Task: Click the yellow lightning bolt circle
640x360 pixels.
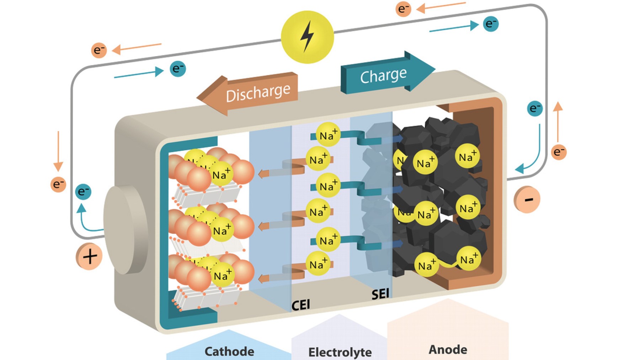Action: (x=307, y=37)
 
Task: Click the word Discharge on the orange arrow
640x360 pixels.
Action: (x=258, y=93)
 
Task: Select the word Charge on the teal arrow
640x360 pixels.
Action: (x=383, y=75)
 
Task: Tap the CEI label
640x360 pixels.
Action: (x=300, y=305)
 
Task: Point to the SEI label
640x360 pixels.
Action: (x=380, y=294)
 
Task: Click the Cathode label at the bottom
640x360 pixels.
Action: (x=229, y=351)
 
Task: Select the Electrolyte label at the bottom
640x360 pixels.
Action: (x=340, y=352)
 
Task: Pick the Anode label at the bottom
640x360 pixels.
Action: (x=448, y=349)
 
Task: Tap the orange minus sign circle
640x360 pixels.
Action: (x=528, y=199)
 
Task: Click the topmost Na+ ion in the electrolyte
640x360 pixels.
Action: (x=328, y=135)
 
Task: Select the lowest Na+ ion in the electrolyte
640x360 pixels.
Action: (x=318, y=264)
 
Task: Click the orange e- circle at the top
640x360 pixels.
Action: (x=403, y=9)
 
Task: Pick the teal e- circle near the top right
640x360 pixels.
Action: (x=491, y=24)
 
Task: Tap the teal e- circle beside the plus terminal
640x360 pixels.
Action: (x=84, y=191)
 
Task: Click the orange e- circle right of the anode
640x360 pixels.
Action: (x=559, y=152)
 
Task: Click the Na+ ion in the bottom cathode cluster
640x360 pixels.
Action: (x=222, y=275)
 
